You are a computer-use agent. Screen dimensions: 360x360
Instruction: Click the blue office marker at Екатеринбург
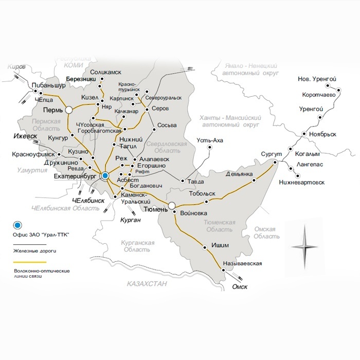pos(105,175)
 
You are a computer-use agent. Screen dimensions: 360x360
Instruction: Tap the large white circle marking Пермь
pos(68,110)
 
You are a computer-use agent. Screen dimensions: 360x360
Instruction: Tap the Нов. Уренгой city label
pos(317,79)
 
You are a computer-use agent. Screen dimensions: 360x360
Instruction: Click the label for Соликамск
pos(105,73)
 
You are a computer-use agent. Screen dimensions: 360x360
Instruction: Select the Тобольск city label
pos(201,195)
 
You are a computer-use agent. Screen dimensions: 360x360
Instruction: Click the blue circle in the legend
pos(18,225)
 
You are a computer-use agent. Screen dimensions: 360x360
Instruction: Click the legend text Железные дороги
pos(34,251)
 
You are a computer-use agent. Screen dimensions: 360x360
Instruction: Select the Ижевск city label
pos(24,136)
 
